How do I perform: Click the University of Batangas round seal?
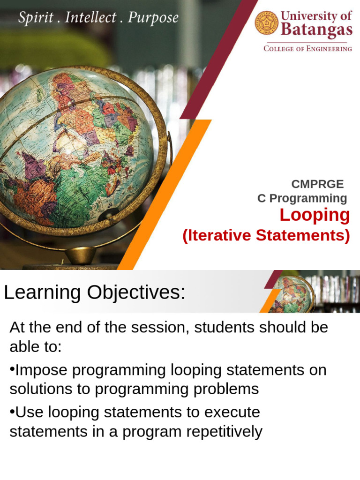267,23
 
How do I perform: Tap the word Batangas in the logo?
316,30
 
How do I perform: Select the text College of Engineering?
307,49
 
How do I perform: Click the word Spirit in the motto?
35,18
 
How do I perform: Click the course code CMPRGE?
317,184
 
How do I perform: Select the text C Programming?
302,198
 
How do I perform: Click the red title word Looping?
315,215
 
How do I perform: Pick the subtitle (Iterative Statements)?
266,235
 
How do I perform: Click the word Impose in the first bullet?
42,370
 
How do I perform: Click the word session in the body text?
160,327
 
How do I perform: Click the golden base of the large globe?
80,256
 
